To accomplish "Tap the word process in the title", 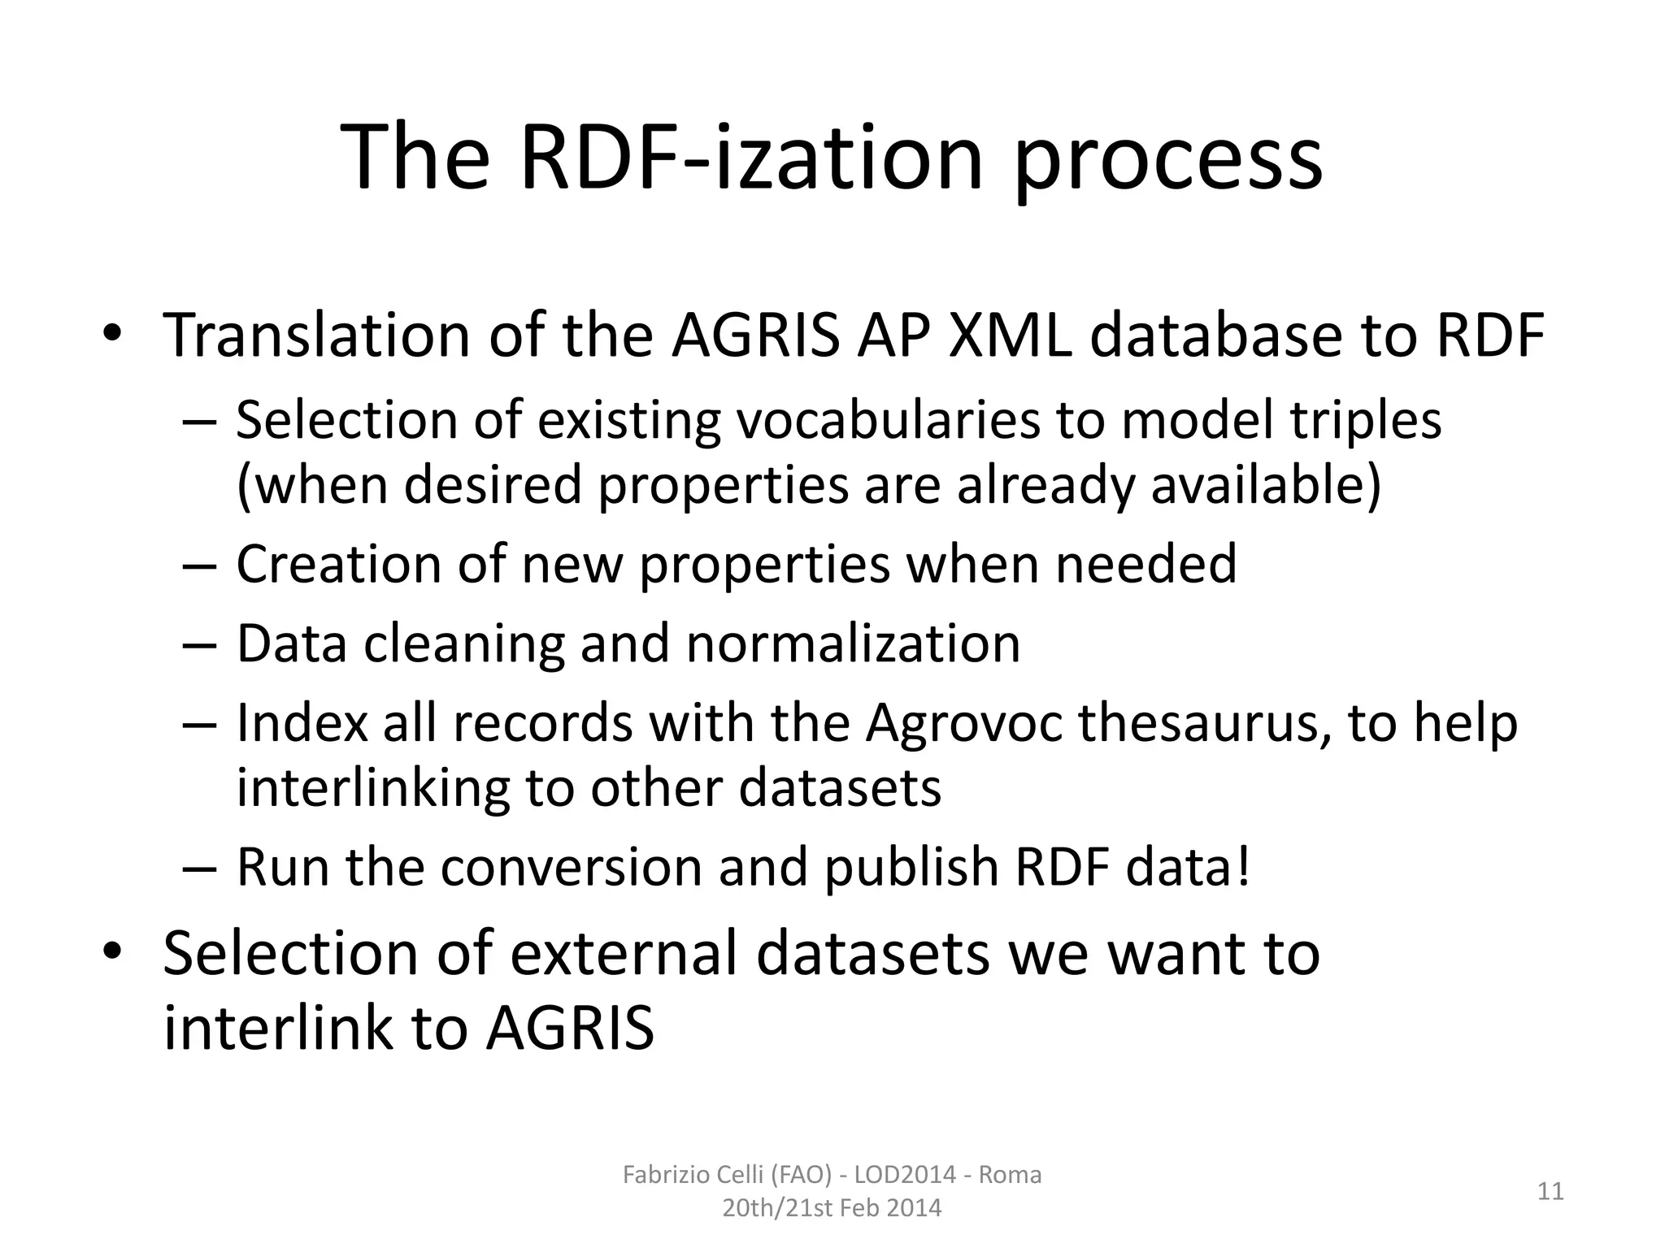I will (1167, 162).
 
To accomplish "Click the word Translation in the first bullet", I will (316, 336).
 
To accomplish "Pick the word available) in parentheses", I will (1266, 486).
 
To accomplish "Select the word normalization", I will (853, 644).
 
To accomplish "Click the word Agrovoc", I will (963, 723).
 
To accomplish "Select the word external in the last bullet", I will (626, 953).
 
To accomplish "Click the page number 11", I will (1550, 1192).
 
